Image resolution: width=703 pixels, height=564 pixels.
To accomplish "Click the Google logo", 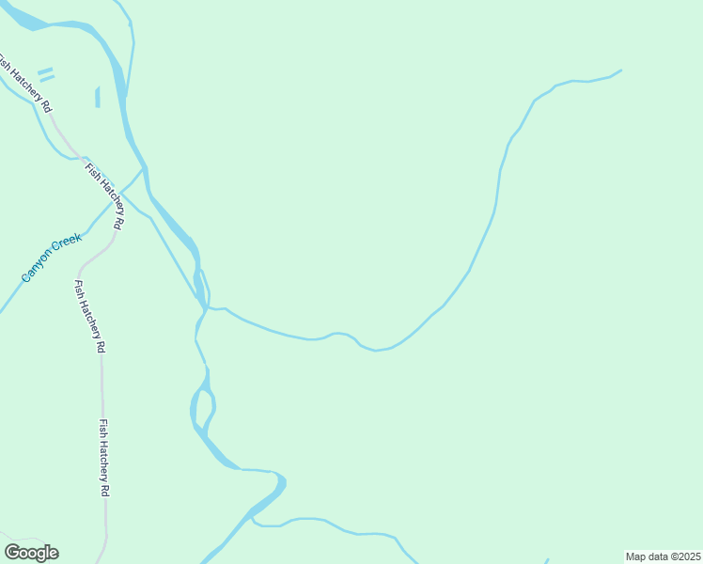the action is pos(31,553).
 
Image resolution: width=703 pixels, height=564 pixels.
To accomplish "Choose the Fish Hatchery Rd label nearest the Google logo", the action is pos(105,458).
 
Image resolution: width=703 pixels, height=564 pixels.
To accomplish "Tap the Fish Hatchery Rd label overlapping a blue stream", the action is pos(104,196).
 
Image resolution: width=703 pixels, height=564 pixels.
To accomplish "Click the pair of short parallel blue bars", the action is pos(46,74).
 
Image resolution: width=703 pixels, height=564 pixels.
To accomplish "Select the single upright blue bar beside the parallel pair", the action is pos(97,97).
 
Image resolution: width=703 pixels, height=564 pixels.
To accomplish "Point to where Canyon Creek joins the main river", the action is pos(143,169).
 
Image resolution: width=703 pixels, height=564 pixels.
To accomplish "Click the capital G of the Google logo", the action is pos(13,553).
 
